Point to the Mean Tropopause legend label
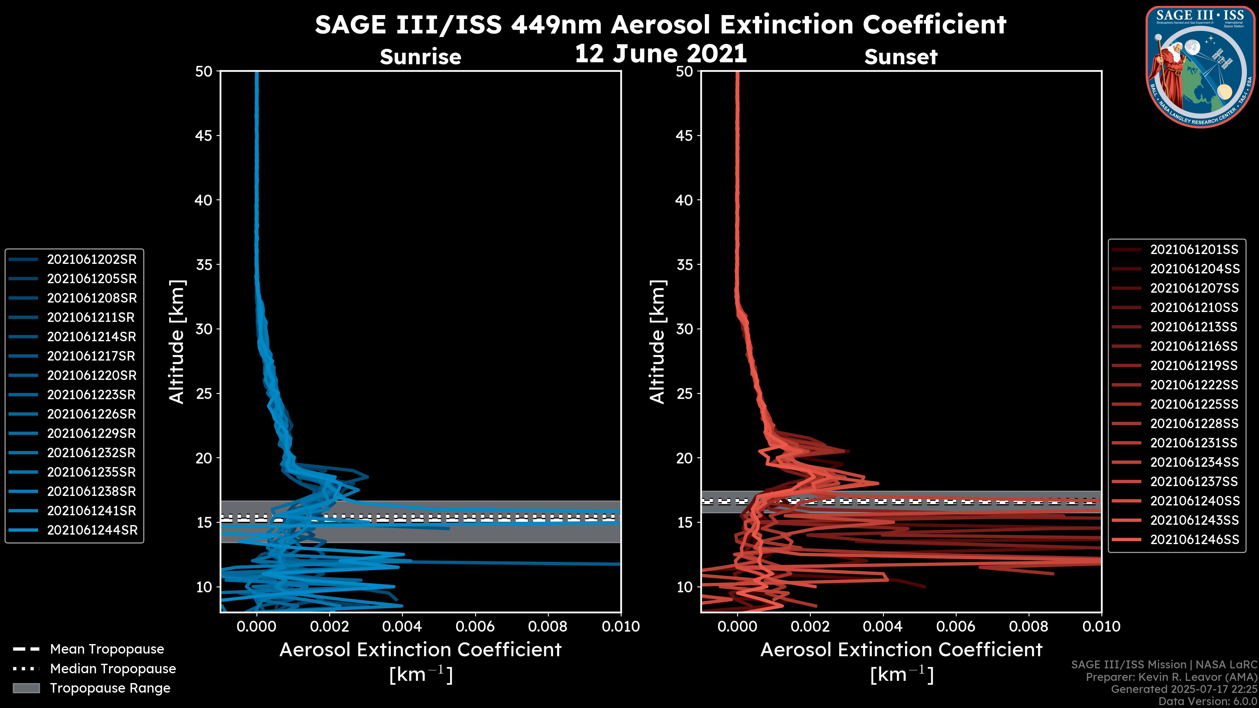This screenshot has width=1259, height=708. coord(107,649)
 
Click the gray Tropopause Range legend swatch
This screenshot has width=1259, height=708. coord(26,688)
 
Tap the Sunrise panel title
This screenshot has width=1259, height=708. coord(420,57)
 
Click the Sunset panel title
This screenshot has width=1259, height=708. coord(900,57)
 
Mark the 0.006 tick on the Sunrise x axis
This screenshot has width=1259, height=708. coord(474,626)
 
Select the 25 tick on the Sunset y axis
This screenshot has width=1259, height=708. coord(684,394)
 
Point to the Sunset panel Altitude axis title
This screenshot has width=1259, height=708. coord(657,342)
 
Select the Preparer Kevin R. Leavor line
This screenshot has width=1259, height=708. coord(1171,677)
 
